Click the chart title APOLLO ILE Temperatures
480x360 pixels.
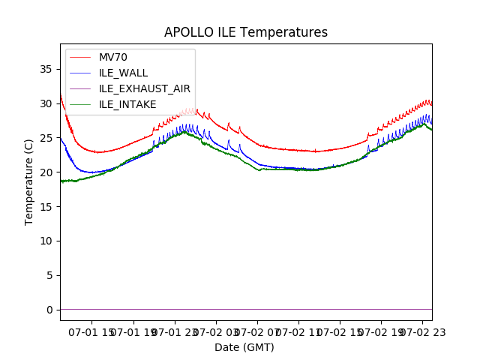[246, 33]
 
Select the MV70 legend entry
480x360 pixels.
[113, 58]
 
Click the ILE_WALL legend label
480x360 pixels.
[123, 73]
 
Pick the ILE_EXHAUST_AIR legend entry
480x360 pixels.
[144, 88]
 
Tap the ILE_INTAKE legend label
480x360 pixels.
[127, 104]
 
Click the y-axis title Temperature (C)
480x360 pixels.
[29, 181]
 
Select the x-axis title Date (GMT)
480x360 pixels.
[244, 347]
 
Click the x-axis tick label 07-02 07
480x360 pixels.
[257, 331]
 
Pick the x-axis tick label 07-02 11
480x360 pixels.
[298, 331]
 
